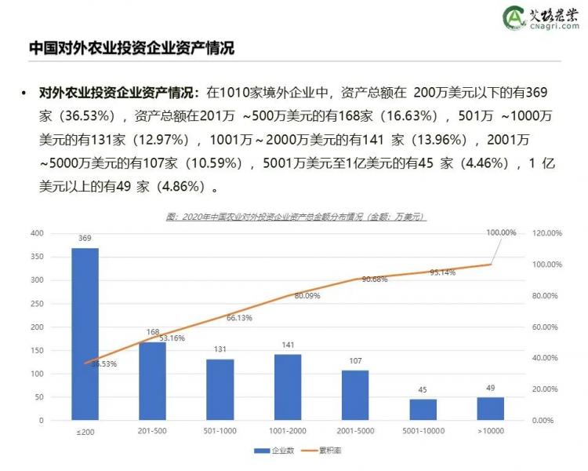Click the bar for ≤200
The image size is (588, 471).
tap(85, 334)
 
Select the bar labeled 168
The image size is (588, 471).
tap(152, 381)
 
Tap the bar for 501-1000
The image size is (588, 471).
tap(220, 389)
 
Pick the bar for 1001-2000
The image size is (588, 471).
tap(288, 387)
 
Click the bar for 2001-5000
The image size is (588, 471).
tap(355, 395)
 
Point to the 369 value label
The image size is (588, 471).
tap(85, 238)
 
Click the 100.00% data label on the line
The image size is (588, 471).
tap(501, 232)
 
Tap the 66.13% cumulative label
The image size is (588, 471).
tap(239, 318)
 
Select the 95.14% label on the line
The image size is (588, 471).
tap(442, 272)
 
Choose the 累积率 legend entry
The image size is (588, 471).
tap(323, 451)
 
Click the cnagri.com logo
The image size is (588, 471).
tap(542, 17)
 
